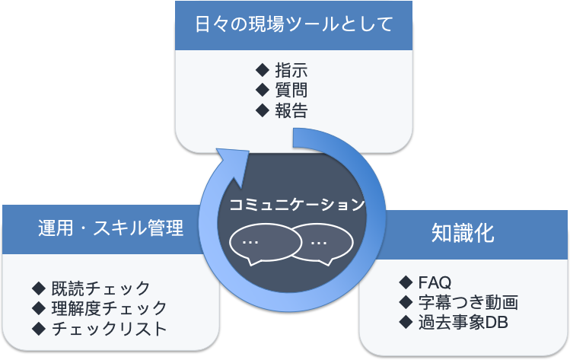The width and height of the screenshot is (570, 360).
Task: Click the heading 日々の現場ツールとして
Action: (x=294, y=24)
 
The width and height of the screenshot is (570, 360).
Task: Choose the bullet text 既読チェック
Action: (x=101, y=288)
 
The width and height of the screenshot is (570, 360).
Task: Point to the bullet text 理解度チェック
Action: (x=109, y=308)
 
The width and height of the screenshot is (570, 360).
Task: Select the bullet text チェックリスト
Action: (x=109, y=329)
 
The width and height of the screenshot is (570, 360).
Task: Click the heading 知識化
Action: (x=463, y=232)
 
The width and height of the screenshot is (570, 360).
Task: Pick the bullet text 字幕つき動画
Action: (x=468, y=302)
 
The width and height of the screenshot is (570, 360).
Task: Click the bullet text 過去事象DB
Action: (x=463, y=322)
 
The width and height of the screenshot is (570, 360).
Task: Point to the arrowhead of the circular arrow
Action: (x=234, y=162)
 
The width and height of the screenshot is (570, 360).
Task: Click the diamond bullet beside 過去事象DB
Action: (x=406, y=322)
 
